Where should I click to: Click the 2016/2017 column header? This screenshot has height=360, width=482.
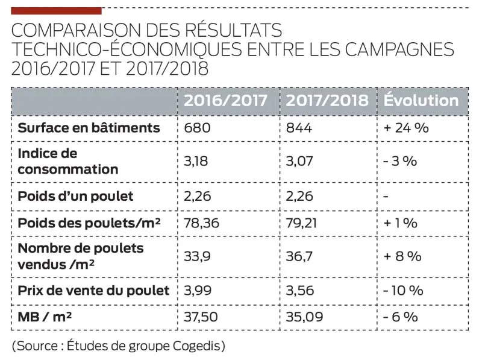225,101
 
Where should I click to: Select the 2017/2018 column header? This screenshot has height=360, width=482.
327,101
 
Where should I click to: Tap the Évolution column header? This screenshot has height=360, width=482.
421,101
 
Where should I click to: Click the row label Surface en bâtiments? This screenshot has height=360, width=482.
89,128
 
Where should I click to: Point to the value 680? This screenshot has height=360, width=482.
196,128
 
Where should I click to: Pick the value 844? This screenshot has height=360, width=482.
299,128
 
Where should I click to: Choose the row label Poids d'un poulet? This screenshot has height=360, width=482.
75,196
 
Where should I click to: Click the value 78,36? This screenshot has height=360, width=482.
201,223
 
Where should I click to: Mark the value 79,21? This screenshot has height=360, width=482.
302,223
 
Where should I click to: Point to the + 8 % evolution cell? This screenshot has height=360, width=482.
402,256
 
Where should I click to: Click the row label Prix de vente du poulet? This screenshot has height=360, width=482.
93,290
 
